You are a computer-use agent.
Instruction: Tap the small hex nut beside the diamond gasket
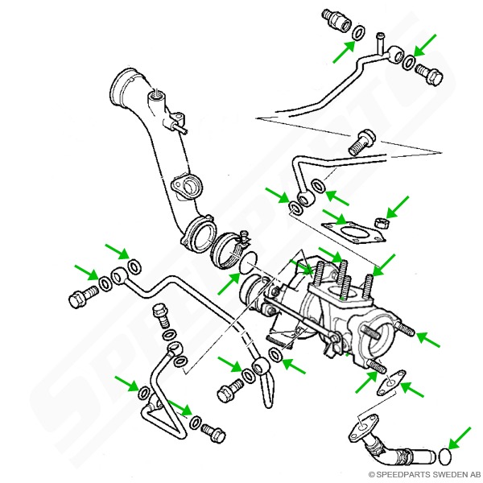382,222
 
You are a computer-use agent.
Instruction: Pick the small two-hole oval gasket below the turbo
391,382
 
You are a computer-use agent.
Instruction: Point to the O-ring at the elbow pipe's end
445,457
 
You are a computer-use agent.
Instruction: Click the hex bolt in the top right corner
429,75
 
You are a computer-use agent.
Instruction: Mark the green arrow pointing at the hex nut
398,207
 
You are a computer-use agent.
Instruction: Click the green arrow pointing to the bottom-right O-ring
460,438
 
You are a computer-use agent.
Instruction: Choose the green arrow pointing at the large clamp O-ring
229,283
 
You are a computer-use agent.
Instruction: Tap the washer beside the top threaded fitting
358,33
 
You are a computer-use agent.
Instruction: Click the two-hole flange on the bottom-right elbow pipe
363,426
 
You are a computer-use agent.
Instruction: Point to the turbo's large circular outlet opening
378,337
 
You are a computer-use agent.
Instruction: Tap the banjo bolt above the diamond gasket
362,142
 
